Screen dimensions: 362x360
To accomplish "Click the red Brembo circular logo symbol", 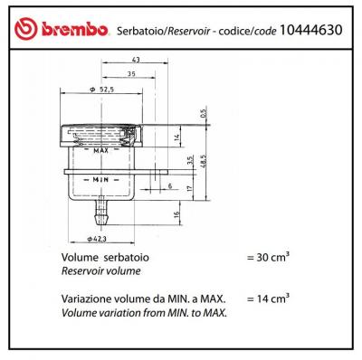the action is coord(26,29).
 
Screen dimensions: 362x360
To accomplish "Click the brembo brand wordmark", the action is coord(75,30).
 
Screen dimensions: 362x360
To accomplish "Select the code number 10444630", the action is coord(311,30).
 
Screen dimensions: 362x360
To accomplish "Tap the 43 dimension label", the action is coord(136,60).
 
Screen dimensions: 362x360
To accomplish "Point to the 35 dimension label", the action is coord(131,73).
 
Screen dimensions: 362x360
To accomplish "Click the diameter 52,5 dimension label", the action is coord(101,90).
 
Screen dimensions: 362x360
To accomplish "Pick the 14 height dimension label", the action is coord(177,137).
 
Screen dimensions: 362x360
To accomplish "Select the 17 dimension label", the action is coord(189,188).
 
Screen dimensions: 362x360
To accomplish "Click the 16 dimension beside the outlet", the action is coord(176,213).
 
